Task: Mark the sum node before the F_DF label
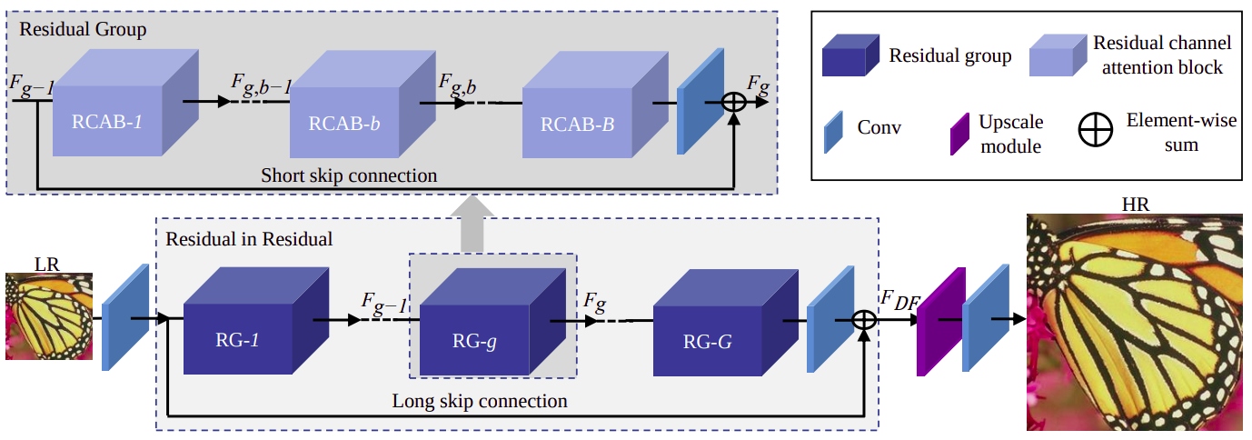pyautogui.click(x=865, y=319)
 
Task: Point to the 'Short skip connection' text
pyautogui.click(x=349, y=174)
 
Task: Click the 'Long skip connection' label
pyautogui.click(x=479, y=401)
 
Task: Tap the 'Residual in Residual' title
pyautogui.click(x=248, y=240)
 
